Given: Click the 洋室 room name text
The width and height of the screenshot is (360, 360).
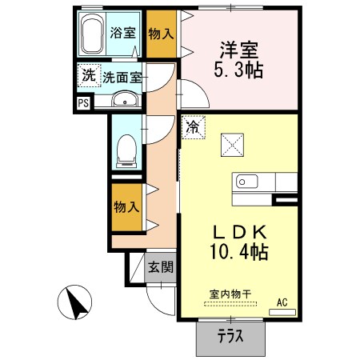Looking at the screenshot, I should (237, 50).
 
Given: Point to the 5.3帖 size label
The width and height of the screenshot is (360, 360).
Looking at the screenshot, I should (237, 70).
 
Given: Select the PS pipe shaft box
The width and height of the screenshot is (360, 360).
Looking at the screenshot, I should (83, 102).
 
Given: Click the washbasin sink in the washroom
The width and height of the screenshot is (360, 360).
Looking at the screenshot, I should (124, 99).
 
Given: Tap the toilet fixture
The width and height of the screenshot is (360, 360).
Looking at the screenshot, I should (126, 149).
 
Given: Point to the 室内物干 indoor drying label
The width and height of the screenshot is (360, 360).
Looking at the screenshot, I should (230, 294).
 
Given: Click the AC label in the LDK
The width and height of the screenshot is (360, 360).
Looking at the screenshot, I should (282, 302).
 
